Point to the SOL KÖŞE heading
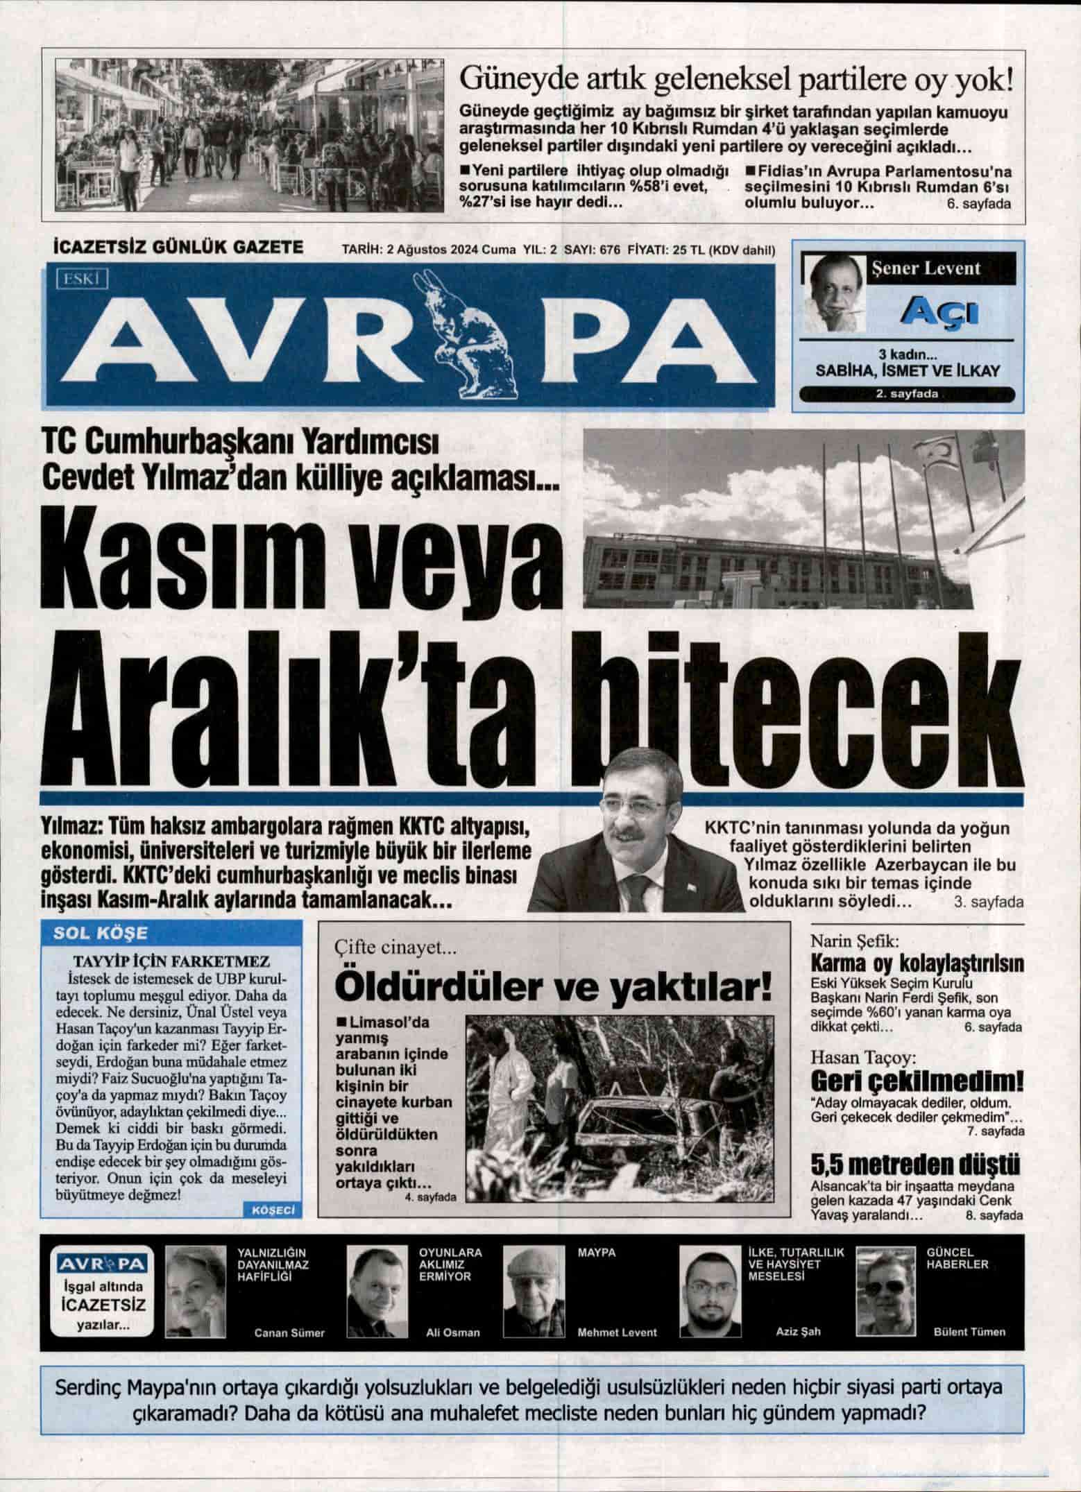(101, 933)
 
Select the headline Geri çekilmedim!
(917, 1082)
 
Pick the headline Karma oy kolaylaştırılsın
(917, 963)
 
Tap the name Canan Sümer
(289, 1333)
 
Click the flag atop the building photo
(985, 451)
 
